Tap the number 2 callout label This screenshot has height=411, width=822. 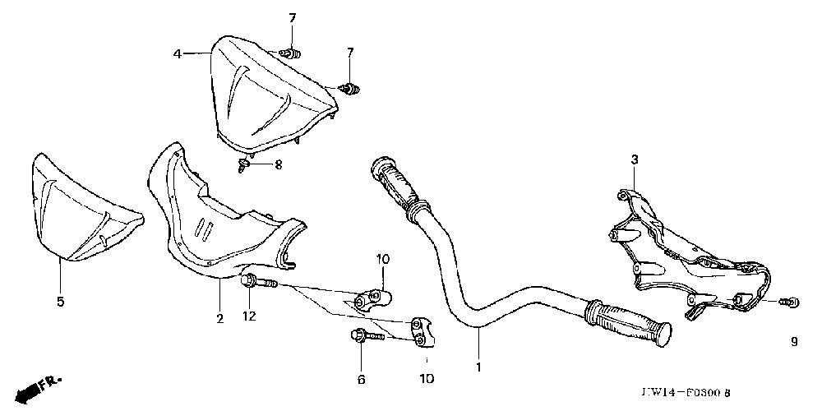pos(219,318)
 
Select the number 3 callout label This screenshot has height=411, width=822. pos(634,159)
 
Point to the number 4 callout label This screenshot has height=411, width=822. pos(177,54)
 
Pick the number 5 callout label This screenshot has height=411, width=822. pos(60,302)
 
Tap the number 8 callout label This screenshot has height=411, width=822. pos(278,164)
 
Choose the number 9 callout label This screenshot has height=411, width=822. pos(793,343)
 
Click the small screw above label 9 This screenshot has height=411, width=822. pos(790,302)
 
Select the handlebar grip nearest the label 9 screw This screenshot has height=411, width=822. pos(629,323)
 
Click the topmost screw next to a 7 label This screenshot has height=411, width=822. pos(289,53)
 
